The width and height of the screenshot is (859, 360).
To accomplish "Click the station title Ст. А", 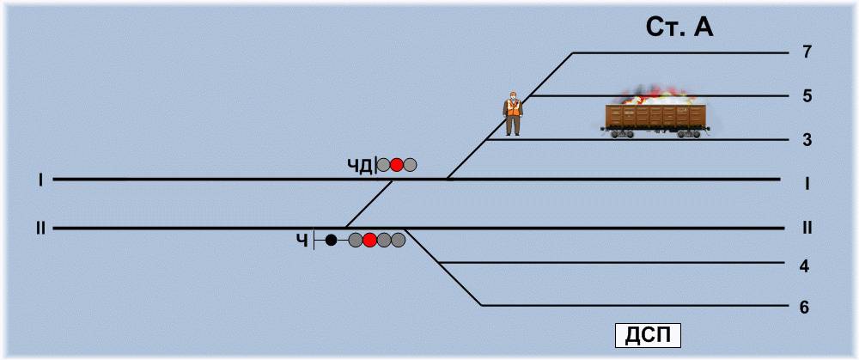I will tap(679, 27).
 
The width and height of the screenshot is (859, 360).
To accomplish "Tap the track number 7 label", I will tap(806, 52).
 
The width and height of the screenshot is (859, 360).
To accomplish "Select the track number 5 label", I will tap(806, 95).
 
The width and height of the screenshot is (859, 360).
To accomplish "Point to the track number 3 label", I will tap(806, 139).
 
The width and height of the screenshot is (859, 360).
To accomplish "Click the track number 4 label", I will tap(804, 265).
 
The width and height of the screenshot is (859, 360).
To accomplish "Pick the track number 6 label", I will tap(804, 307).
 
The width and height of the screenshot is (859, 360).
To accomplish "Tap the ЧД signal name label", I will tap(359, 165).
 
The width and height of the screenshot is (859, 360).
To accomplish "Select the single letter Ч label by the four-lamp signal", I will tap(302, 241).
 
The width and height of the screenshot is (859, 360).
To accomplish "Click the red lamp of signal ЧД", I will tap(396, 165).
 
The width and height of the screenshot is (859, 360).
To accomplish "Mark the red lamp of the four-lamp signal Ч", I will tap(369, 241).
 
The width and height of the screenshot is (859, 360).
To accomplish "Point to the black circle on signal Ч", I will tap(331, 241).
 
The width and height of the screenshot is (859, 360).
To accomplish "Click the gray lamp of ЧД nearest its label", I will tap(383, 165).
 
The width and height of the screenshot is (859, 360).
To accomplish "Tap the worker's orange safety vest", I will tap(513, 109).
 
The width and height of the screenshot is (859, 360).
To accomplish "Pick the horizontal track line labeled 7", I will tap(679, 53).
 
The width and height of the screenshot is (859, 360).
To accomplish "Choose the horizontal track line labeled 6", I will tap(636, 306).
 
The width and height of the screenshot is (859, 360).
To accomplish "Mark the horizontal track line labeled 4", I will tap(610, 262).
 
